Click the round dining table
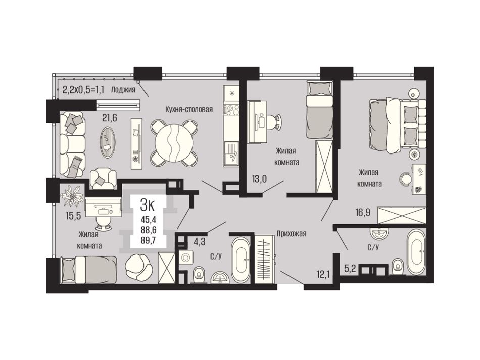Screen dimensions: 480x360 point(174,142)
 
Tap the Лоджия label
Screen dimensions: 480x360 point(123,90)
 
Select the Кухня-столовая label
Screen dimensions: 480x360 point(189,109)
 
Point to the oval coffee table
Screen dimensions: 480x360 point(108,142)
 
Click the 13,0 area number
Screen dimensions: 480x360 point(259,178)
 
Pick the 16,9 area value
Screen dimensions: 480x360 point(362,212)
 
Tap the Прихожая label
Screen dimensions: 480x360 point(292,234)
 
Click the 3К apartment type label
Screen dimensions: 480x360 point(148,205)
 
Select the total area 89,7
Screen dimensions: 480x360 point(148,240)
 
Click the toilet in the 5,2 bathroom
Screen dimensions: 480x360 point(398,266)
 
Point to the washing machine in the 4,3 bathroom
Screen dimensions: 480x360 point(185,258)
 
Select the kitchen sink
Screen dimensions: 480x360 point(231,154)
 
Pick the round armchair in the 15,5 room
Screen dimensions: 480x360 point(139,267)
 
